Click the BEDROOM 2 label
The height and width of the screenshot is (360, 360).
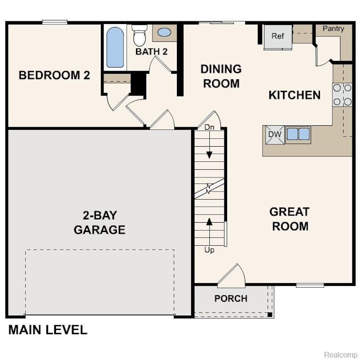click(54, 75)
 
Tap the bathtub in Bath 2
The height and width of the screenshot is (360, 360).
click(115, 47)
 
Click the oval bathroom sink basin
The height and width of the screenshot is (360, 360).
click(164, 32)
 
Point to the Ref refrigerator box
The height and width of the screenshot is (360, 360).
click(278, 36)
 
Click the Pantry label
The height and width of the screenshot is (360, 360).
click(333, 29)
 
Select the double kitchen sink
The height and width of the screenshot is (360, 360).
click(298, 134)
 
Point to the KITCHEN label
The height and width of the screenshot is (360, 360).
click(294, 95)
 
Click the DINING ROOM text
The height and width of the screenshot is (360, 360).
click(221, 76)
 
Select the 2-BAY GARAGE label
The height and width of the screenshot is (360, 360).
click(100, 223)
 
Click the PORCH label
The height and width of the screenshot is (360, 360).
click(231, 299)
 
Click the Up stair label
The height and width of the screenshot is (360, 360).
click(209, 250)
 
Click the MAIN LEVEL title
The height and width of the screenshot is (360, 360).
click(48, 330)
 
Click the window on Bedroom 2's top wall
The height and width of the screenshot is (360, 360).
click(55, 22)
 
